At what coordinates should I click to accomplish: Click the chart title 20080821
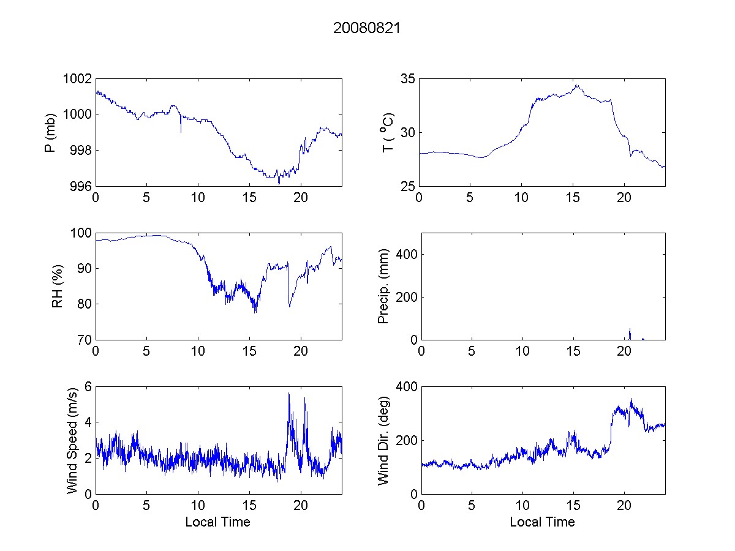[367, 28]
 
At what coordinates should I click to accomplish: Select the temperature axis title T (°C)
[387, 132]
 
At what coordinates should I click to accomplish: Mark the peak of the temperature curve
[576, 85]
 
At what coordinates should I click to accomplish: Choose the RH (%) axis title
[58, 287]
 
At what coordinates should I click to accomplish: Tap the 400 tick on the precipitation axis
[404, 254]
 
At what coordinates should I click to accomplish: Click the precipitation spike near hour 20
[630, 331]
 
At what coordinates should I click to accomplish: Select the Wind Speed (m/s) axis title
[73, 440]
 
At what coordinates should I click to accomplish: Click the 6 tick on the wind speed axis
[89, 387]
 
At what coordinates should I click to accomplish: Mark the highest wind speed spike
[288, 394]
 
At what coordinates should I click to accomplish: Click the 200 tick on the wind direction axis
[404, 441]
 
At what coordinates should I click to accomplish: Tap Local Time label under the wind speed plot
[217, 522]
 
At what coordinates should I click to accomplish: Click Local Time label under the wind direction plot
[542, 522]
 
